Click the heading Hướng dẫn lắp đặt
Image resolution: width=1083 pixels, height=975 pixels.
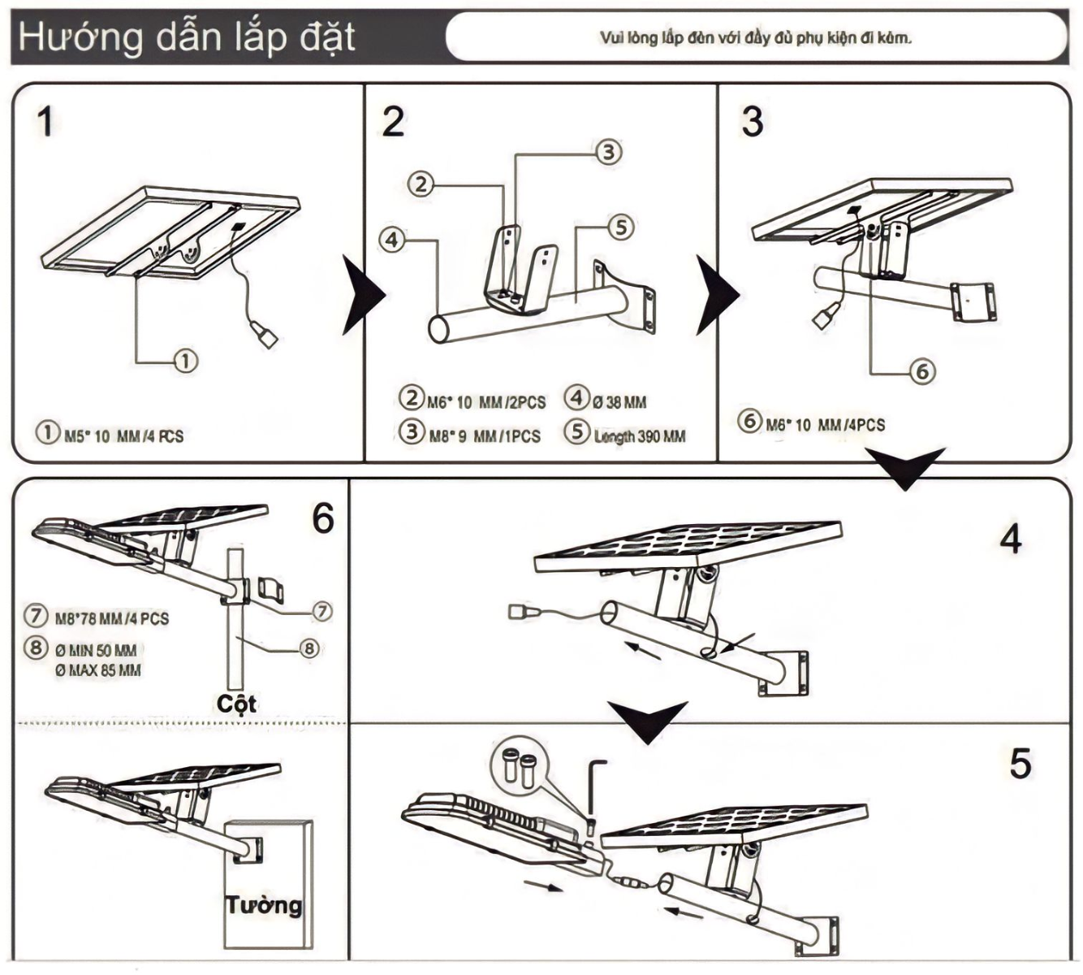tap(187, 37)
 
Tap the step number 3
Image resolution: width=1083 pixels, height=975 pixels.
tap(752, 122)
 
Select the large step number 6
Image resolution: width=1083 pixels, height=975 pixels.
tap(322, 518)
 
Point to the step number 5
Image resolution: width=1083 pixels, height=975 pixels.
tap(1020, 764)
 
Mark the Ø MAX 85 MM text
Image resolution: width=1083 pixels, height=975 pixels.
tap(98, 670)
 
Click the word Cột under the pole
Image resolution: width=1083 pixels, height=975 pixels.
tap(236, 704)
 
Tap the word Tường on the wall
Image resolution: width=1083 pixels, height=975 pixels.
tap(263, 904)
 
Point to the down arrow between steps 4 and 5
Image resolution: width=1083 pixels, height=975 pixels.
tap(648, 721)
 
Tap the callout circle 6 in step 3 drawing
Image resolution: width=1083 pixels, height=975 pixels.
tap(921, 371)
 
